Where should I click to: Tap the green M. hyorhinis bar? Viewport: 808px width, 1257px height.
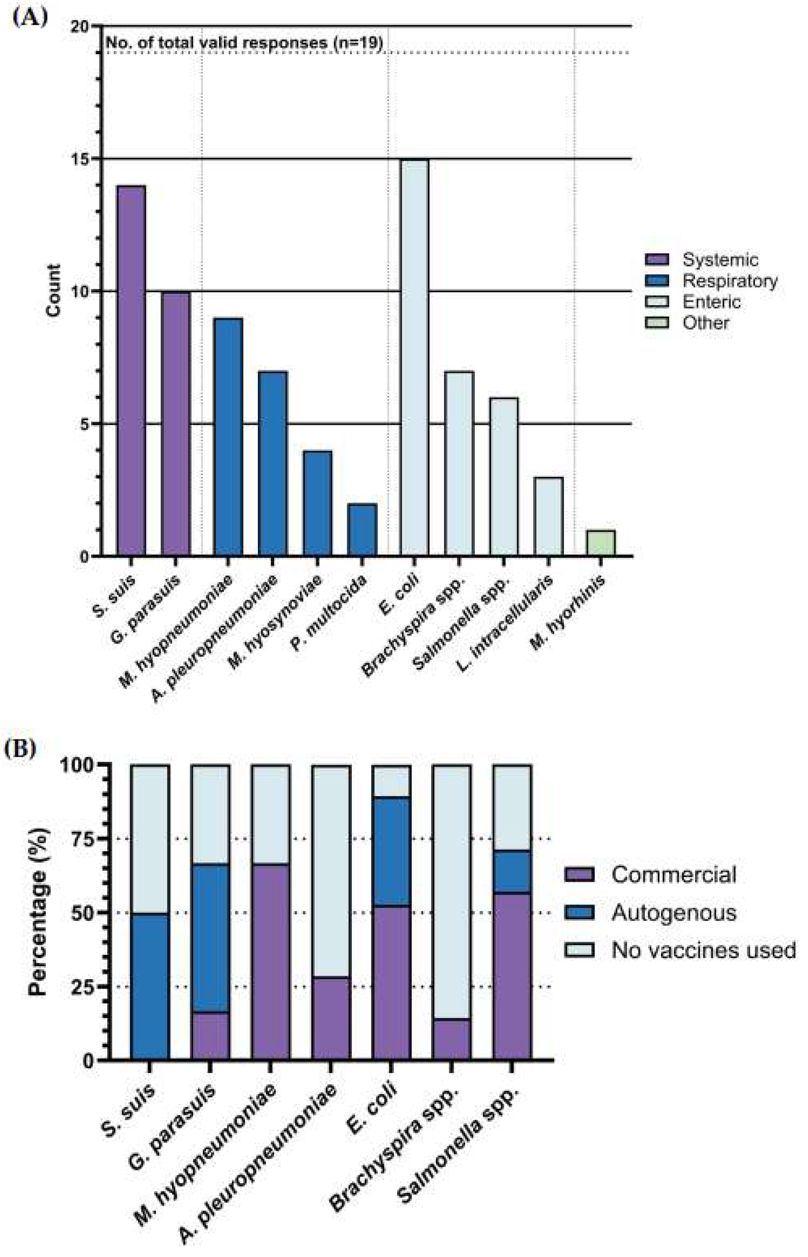point(601,543)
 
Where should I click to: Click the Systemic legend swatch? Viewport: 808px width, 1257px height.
point(657,259)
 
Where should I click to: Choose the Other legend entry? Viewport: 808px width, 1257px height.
point(705,323)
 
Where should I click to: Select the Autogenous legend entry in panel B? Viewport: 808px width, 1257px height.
point(674,913)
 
